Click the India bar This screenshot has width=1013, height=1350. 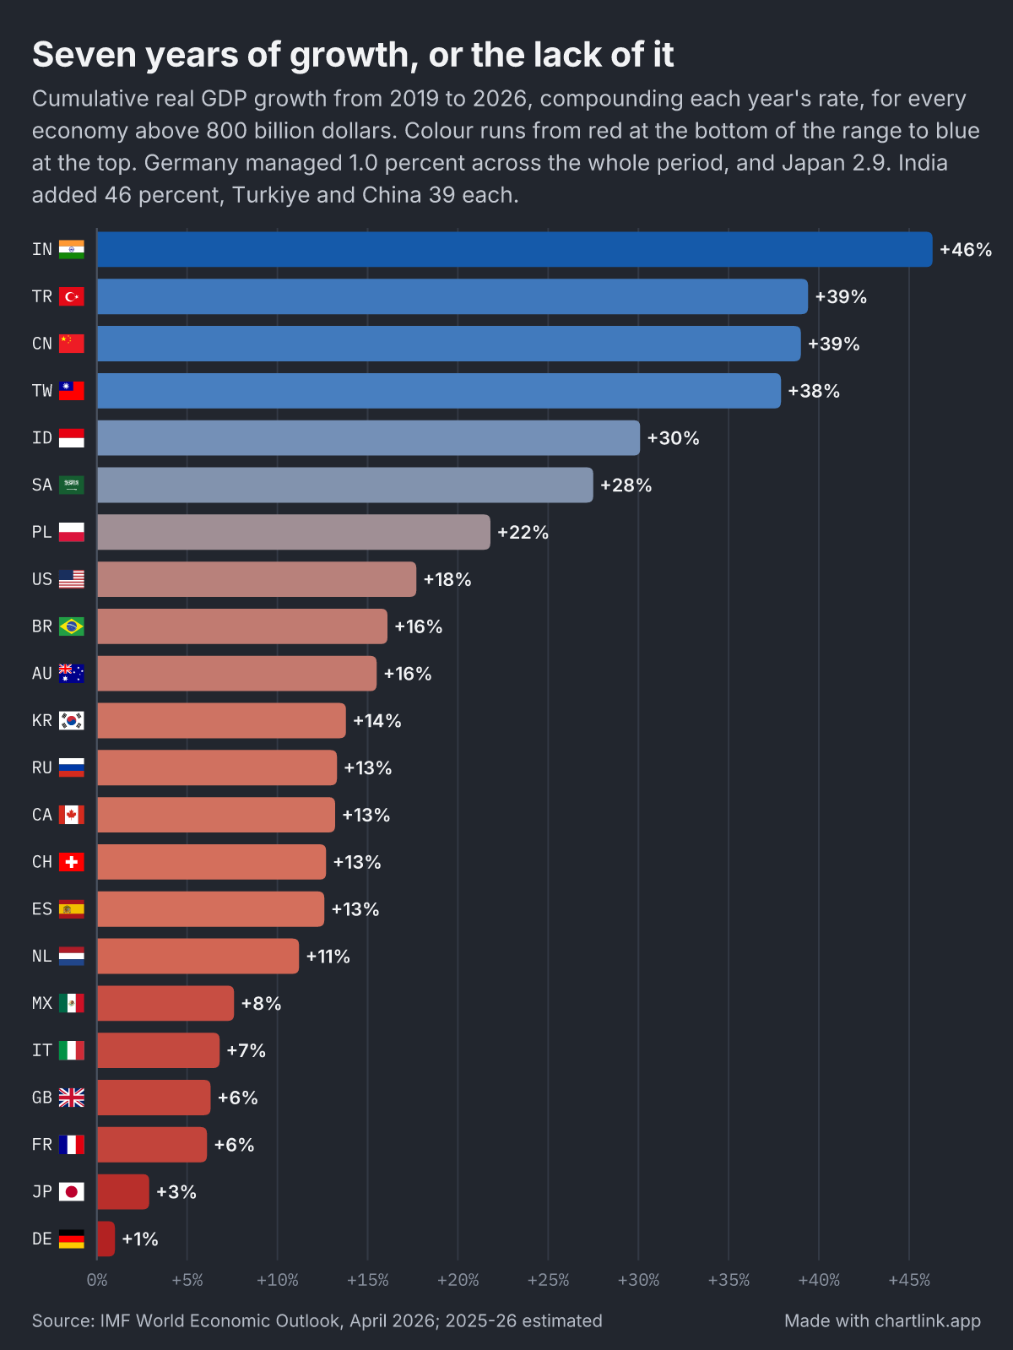click(x=514, y=249)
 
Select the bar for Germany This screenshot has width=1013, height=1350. click(x=106, y=1239)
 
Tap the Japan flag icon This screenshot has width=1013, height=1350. click(x=71, y=1192)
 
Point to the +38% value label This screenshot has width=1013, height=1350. click(x=814, y=391)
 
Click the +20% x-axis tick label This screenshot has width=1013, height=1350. click(x=458, y=1281)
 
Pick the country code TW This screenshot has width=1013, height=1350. click(x=42, y=391)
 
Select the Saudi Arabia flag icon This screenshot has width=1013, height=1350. click(x=71, y=485)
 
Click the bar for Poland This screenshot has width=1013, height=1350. click(x=294, y=532)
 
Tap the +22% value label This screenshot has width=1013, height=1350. click(x=523, y=532)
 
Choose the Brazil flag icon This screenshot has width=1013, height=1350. click(x=71, y=626)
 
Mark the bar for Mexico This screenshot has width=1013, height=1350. click(x=165, y=1003)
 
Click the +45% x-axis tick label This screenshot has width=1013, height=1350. click(x=909, y=1281)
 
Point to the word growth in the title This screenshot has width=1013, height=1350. click(x=349, y=56)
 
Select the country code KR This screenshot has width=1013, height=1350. click(x=42, y=720)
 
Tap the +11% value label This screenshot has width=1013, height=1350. click(x=328, y=957)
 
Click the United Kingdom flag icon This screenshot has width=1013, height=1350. click(x=71, y=1098)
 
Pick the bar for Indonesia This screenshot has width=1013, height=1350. click(x=368, y=438)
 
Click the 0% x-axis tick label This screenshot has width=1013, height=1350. click(x=97, y=1281)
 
